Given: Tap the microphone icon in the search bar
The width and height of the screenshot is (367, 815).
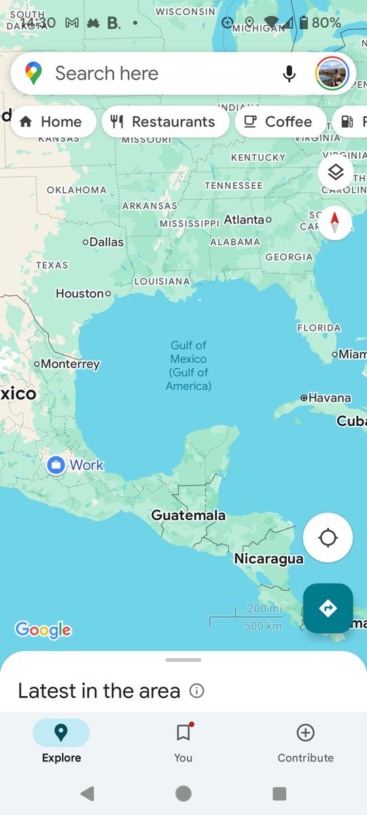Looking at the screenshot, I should tap(290, 73).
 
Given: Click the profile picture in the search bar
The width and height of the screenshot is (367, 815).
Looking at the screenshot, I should tap(332, 73).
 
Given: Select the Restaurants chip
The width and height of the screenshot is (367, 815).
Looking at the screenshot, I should tap(164, 122).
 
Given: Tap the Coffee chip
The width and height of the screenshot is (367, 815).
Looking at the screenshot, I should tap(279, 122).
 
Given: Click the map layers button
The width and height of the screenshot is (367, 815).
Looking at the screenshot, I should tap(336, 173).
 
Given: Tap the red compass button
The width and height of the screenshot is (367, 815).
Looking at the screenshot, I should tap(334, 223).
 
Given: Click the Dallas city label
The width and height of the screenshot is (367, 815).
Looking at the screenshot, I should tap(106, 242).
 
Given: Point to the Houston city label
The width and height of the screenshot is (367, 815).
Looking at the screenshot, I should tap(80, 293).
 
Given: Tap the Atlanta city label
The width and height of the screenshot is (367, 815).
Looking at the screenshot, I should tap(244, 219).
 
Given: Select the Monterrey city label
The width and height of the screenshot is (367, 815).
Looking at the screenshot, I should tap(69, 364).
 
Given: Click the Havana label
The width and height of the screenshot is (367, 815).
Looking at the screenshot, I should tap(329, 398).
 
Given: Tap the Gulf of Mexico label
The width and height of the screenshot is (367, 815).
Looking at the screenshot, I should tap(188, 365).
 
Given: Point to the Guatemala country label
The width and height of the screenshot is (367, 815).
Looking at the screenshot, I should tap(188, 515).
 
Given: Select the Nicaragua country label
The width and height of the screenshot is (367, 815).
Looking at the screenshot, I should tap(268, 558).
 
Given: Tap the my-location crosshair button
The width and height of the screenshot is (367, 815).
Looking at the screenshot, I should tap(328, 538).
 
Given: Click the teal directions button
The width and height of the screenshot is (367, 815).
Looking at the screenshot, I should tap(328, 608).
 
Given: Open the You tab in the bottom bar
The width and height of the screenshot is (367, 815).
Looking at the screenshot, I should tap(183, 742).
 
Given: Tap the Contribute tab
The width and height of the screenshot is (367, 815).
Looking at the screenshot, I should tap(305, 742).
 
